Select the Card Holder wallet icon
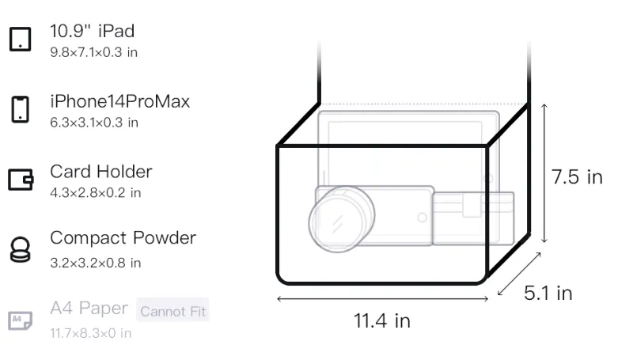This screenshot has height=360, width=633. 21,179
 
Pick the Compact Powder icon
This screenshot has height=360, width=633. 21,250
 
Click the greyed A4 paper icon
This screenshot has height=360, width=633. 21,320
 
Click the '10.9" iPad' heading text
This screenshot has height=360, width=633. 92,31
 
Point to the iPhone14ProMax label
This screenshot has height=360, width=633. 120,101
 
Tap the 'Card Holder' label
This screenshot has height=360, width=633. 101,172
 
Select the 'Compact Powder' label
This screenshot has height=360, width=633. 123,238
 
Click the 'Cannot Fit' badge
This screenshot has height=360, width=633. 172,310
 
